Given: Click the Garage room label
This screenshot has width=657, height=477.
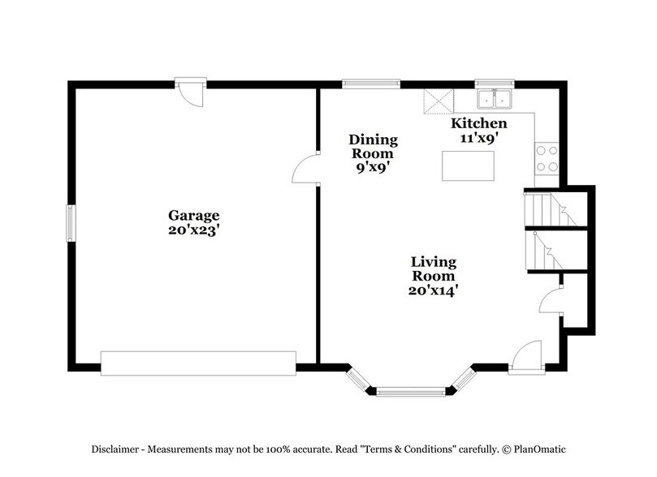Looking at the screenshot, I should [x=194, y=215].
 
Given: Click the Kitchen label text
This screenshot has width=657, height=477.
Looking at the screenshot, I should [x=479, y=123].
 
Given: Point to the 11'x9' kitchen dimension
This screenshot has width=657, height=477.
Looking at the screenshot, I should [x=479, y=138].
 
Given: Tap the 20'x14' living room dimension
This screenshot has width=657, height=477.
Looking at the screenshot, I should [x=433, y=289].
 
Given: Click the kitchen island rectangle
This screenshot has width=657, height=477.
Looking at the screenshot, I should [x=470, y=165].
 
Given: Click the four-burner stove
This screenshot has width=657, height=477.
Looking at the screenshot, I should [x=547, y=158].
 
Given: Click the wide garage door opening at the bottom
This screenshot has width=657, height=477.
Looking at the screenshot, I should [x=197, y=363].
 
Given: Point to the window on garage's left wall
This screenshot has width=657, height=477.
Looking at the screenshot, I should [x=71, y=222].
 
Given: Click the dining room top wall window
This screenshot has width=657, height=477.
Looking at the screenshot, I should [x=370, y=82].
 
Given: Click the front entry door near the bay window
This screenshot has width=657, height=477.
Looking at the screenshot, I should [x=525, y=357].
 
